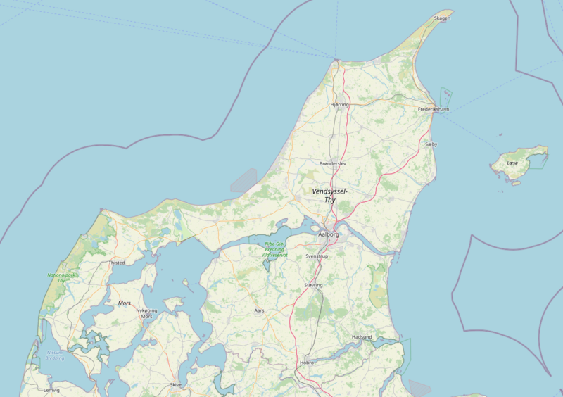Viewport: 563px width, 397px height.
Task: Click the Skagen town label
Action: [442, 18]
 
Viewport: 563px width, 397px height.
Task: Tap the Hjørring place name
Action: [339, 104]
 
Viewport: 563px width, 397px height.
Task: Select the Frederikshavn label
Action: [433, 110]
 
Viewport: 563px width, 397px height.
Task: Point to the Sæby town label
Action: [431, 144]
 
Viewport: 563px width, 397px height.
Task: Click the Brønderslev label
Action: [333, 163]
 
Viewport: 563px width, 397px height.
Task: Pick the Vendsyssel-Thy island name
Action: [329, 196]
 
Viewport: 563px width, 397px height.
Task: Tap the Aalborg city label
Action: [329, 234]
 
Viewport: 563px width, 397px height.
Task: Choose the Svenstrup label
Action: [317, 256]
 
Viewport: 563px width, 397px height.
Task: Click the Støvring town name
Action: [313, 285]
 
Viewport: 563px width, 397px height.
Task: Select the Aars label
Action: [260, 310]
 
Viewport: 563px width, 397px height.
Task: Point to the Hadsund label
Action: [361, 337]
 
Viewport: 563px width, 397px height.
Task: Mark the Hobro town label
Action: [307, 363]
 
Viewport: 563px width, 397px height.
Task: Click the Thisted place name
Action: [117, 263]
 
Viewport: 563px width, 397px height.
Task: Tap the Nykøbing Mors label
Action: [146, 313]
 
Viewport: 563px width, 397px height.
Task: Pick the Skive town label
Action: [175, 385]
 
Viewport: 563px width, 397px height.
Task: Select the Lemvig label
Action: [51, 390]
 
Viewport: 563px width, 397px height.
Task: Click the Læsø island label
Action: [512, 163]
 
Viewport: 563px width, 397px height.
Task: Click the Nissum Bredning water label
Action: [54, 355]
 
